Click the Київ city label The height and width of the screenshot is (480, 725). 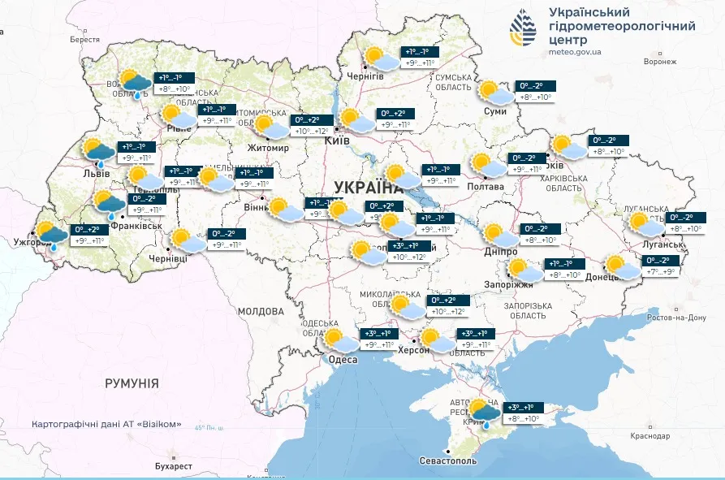click(336, 141)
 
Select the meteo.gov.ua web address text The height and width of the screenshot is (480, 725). click(575, 51)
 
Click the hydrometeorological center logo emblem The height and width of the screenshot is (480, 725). click(523, 29)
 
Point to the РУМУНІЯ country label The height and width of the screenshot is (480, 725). click(132, 383)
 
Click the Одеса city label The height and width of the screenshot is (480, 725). click(342, 360)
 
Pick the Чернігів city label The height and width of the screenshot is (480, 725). click(365, 76)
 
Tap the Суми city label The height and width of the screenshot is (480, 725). click(494, 111)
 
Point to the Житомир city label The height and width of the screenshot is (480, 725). click(268, 148)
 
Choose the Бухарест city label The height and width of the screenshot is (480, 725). click(174, 466)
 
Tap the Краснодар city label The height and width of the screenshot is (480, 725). click(649, 436)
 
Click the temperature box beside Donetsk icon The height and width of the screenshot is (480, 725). click(660, 266)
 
